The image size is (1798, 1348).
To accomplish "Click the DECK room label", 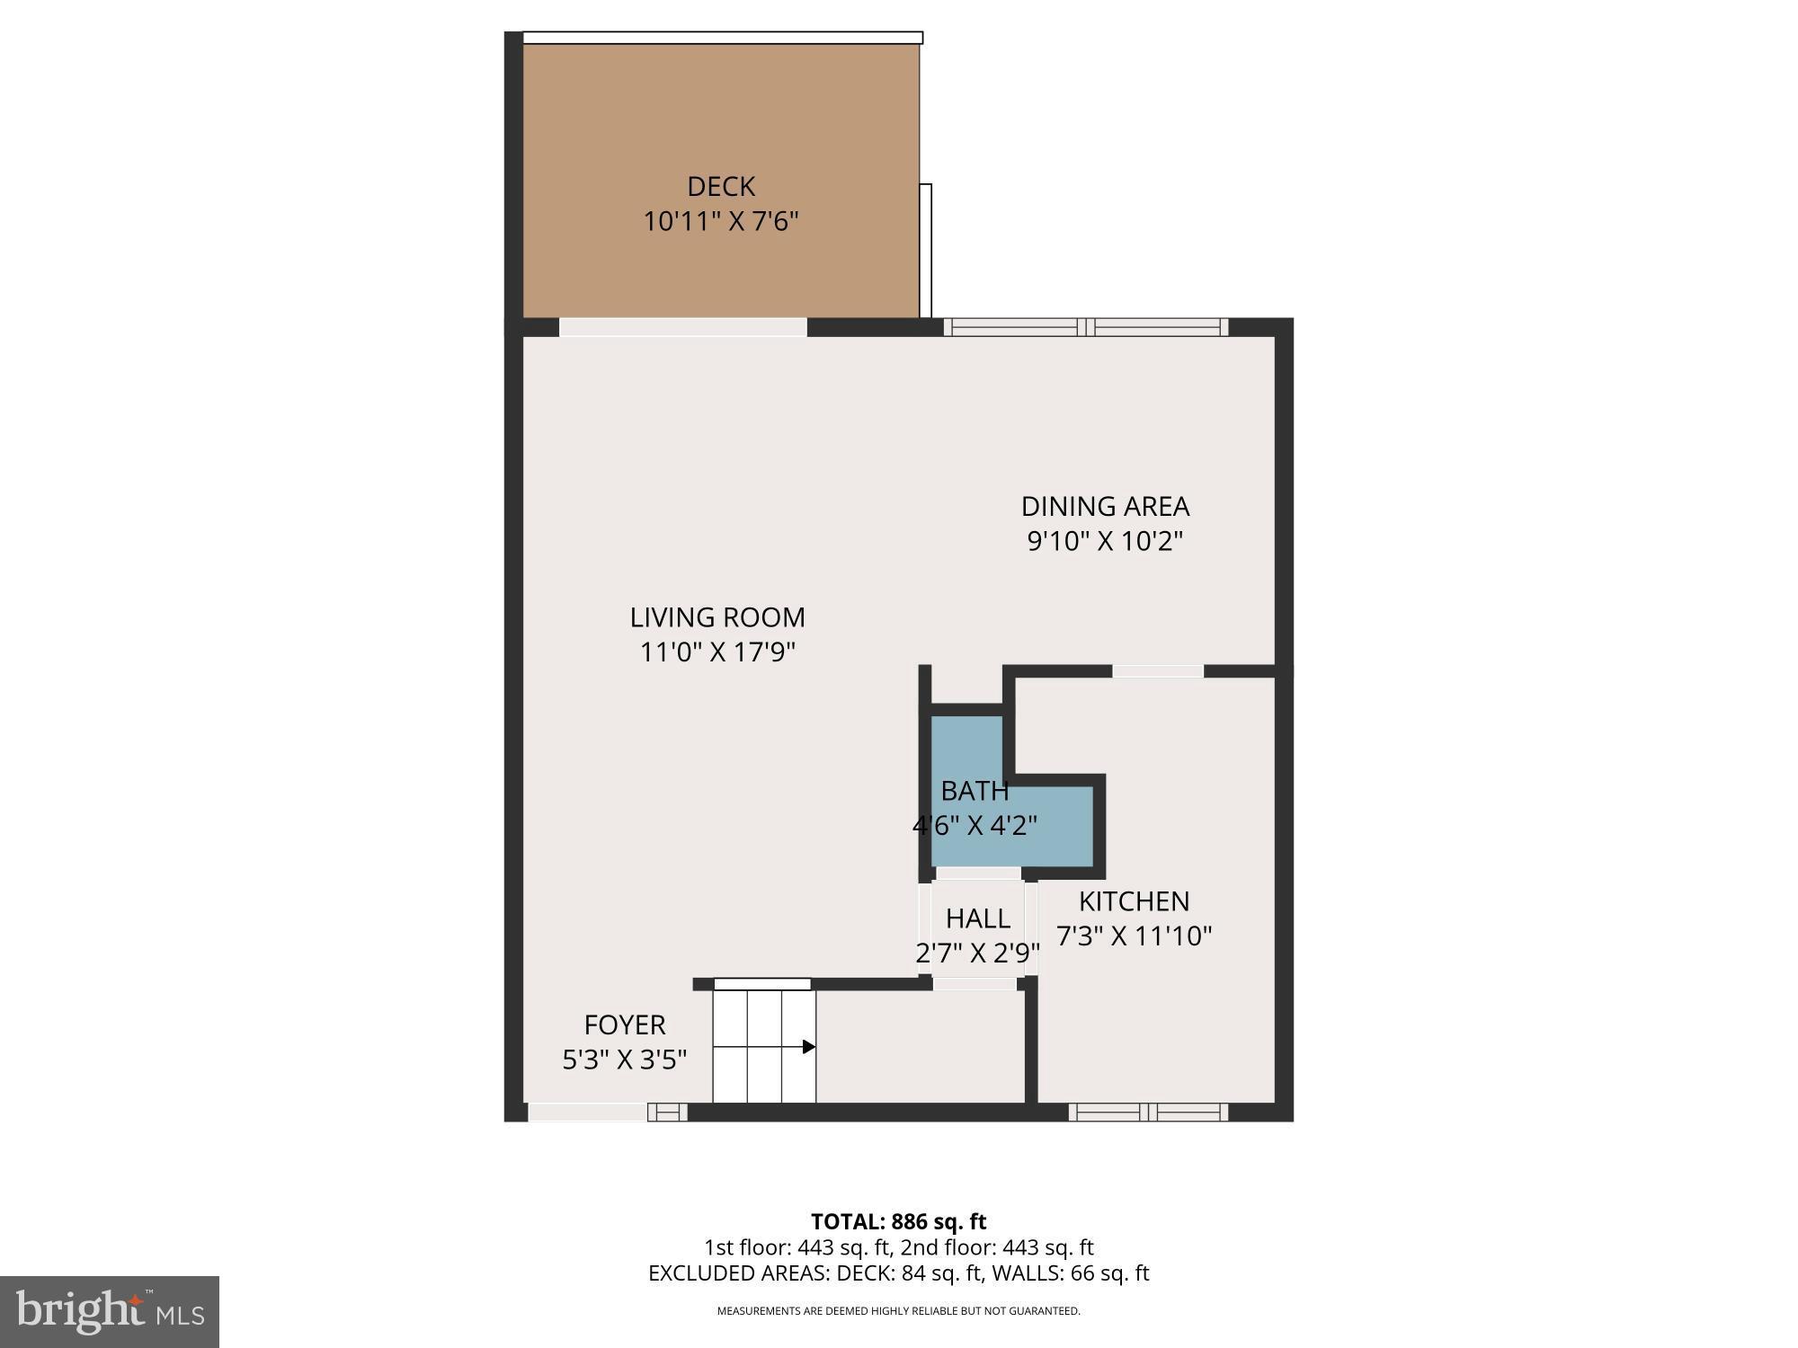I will [x=720, y=186].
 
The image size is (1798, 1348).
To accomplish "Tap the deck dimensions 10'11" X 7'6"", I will [x=720, y=221].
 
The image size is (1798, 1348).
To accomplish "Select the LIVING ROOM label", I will [x=717, y=617].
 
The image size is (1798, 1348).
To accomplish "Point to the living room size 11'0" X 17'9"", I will [x=717, y=652].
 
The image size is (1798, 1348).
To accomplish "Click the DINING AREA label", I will [x=1105, y=507].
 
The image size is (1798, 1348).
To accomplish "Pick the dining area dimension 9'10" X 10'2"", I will [x=1105, y=541].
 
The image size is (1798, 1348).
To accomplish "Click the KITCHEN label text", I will [x=1134, y=901].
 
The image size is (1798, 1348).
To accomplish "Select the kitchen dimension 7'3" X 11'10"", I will [x=1134, y=936].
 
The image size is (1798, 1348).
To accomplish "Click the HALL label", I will [x=977, y=918].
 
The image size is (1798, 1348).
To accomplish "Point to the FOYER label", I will [x=625, y=1024].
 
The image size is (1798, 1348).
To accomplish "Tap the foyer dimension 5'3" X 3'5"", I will [x=625, y=1060].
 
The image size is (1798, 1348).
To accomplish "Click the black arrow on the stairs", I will [x=808, y=1047].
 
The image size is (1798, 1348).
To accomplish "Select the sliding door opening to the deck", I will [x=683, y=327].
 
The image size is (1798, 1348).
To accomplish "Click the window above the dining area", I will [x=1086, y=327].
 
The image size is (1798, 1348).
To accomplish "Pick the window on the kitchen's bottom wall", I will [x=1148, y=1113].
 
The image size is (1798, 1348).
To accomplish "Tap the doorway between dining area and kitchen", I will [x=1158, y=671].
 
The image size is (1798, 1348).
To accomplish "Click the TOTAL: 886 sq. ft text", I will [x=898, y=1221].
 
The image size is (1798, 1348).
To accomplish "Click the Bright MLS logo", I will [x=110, y=1312].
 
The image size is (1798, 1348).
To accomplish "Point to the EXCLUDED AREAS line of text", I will [x=898, y=1273].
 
